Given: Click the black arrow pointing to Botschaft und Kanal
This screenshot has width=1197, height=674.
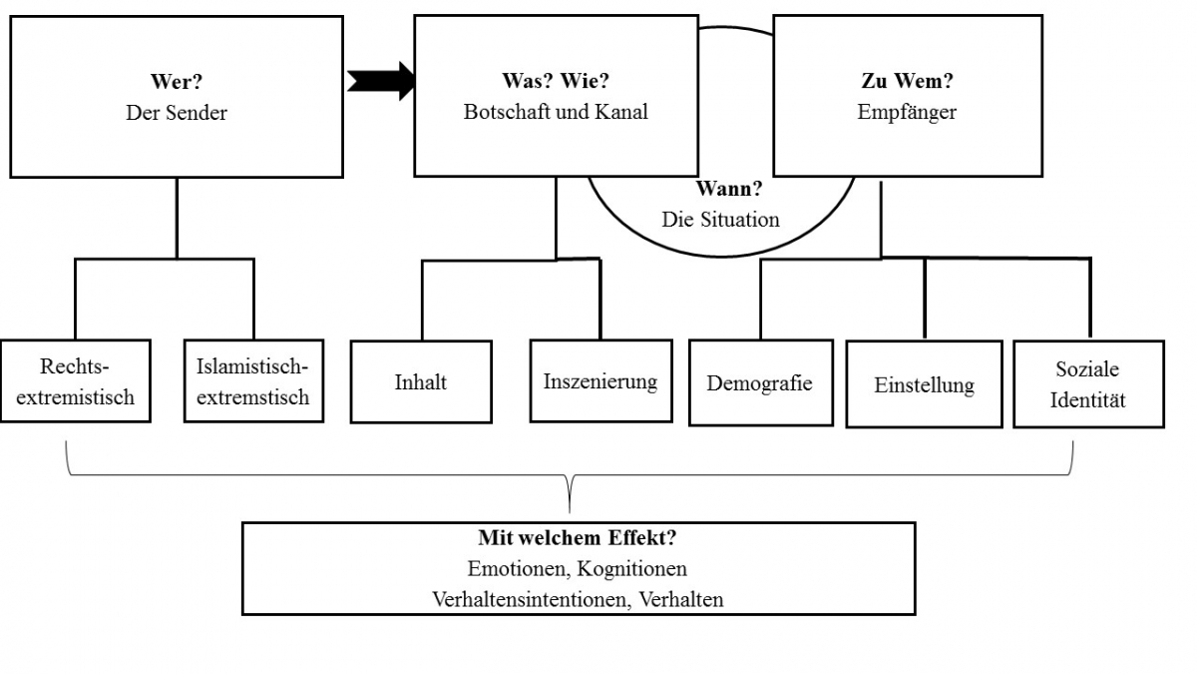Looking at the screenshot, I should click(382, 81).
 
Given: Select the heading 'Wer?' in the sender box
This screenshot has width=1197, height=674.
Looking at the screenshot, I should click(176, 82).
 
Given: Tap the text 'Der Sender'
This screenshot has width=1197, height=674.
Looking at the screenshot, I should click(177, 113).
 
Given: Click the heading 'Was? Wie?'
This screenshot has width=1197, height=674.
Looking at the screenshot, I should click(555, 82).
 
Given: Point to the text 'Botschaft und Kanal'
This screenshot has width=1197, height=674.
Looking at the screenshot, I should click(556, 112).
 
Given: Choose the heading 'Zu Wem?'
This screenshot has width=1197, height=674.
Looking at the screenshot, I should click(907, 82).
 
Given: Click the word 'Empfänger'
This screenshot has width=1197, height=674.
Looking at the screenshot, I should click(907, 112).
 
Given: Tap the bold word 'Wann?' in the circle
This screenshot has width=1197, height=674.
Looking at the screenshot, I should click(720, 188).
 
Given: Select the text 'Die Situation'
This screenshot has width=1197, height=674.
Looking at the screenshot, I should click(720, 219).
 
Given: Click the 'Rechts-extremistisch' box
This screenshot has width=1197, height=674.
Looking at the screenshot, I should click(76, 380).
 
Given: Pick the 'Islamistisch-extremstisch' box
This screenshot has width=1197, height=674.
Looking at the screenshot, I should click(253, 380).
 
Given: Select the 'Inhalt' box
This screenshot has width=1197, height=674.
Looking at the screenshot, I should click(421, 381).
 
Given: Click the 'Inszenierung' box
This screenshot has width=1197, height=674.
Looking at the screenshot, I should click(600, 380).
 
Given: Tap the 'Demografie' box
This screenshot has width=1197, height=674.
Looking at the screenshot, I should click(760, 382).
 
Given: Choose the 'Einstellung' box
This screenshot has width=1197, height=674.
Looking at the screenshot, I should click(924, 384).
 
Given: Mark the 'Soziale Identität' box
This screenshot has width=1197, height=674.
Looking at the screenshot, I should click(1088, 384).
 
